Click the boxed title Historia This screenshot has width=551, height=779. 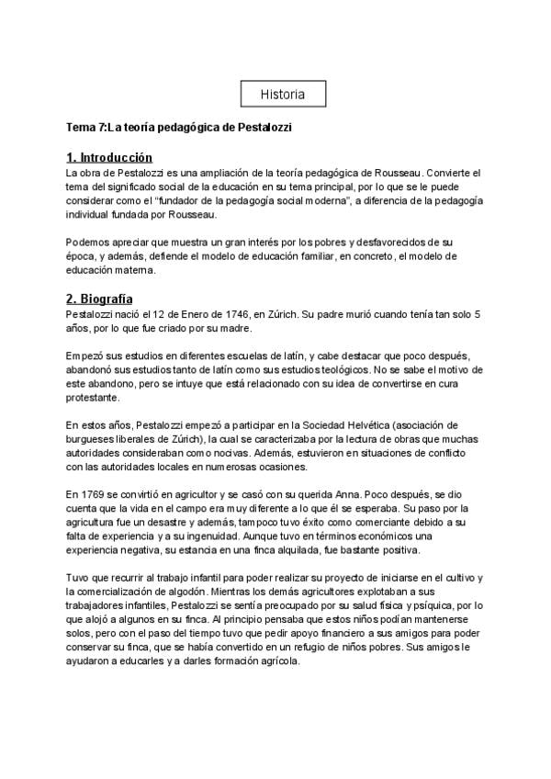point(283,95)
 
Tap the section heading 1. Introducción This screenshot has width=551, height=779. point(109,158)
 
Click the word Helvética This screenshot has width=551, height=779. point(370,424)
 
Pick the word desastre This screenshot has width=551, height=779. point(157,523)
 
